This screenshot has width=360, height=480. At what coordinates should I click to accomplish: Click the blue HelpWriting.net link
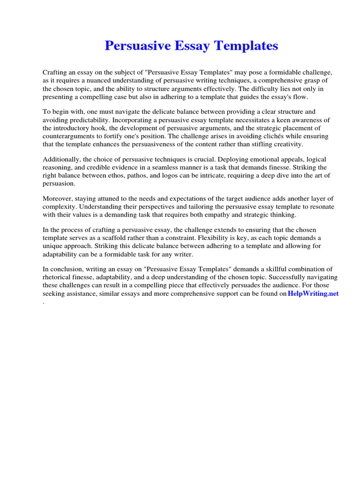(313, 294)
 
